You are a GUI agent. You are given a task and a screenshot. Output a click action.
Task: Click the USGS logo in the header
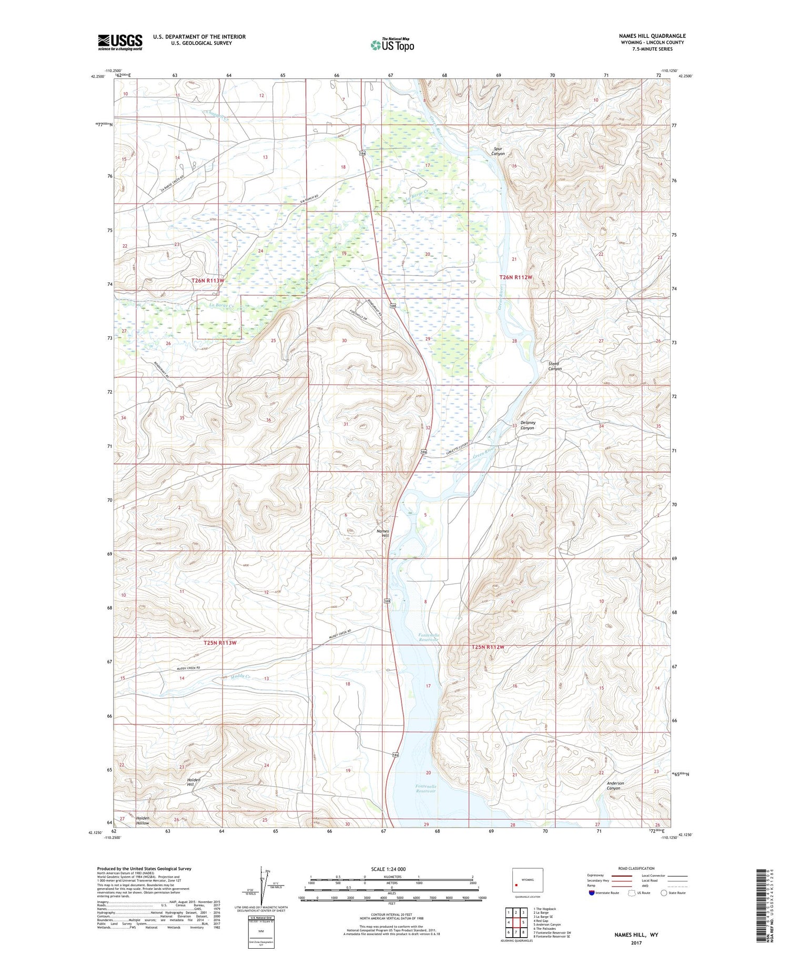(120, 42)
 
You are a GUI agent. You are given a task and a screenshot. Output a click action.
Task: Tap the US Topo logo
(392, 45)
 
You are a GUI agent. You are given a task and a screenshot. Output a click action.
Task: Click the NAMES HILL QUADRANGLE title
(652, 36)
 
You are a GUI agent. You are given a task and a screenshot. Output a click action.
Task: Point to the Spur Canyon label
(498, 151)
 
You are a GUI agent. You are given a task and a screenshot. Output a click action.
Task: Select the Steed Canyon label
(554, 366)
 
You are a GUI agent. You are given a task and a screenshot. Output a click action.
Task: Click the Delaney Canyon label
(528, 425)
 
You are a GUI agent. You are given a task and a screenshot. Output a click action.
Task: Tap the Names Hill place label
(383, 534)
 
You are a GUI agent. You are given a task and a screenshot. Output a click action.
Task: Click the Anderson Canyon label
(615, 786)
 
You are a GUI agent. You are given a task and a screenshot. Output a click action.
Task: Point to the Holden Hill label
(194, 782)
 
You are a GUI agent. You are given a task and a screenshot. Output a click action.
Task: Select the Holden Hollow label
(143, 821)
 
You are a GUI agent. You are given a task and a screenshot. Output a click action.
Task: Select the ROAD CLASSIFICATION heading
(636, 868)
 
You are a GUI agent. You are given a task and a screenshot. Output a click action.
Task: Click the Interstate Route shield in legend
(592, 893)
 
